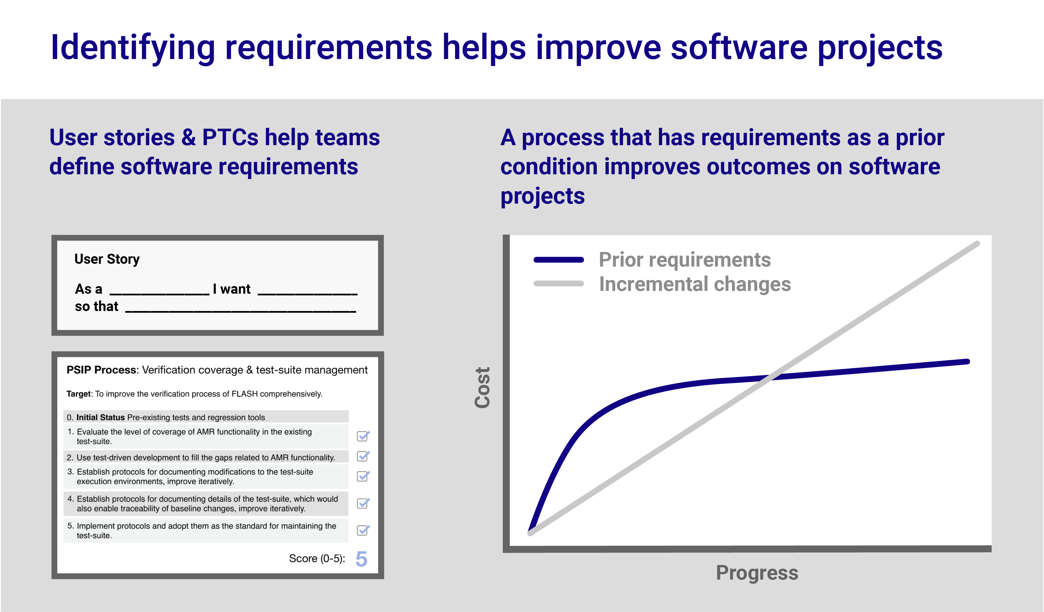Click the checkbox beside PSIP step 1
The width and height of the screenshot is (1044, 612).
tap(363, 436)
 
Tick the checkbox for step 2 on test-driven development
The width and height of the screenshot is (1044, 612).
tap(363, 456)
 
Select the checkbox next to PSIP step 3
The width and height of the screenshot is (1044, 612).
tap(363, 476)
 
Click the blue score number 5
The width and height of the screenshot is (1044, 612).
tap(361, 559)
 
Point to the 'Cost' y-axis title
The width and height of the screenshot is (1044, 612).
tap(483, 388)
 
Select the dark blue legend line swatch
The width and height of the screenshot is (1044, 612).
tap(558, 260)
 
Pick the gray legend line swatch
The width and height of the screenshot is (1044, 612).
tap(558, 284)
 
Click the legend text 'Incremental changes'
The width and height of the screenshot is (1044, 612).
tap(695, 284)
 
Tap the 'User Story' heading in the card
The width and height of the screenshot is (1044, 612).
tap(107, 259)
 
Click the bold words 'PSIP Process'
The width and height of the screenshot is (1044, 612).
tap(101, 370)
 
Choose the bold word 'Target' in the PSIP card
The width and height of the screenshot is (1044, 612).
tap(78, 394)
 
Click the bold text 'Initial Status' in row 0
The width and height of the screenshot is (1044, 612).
tap(100, 418)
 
